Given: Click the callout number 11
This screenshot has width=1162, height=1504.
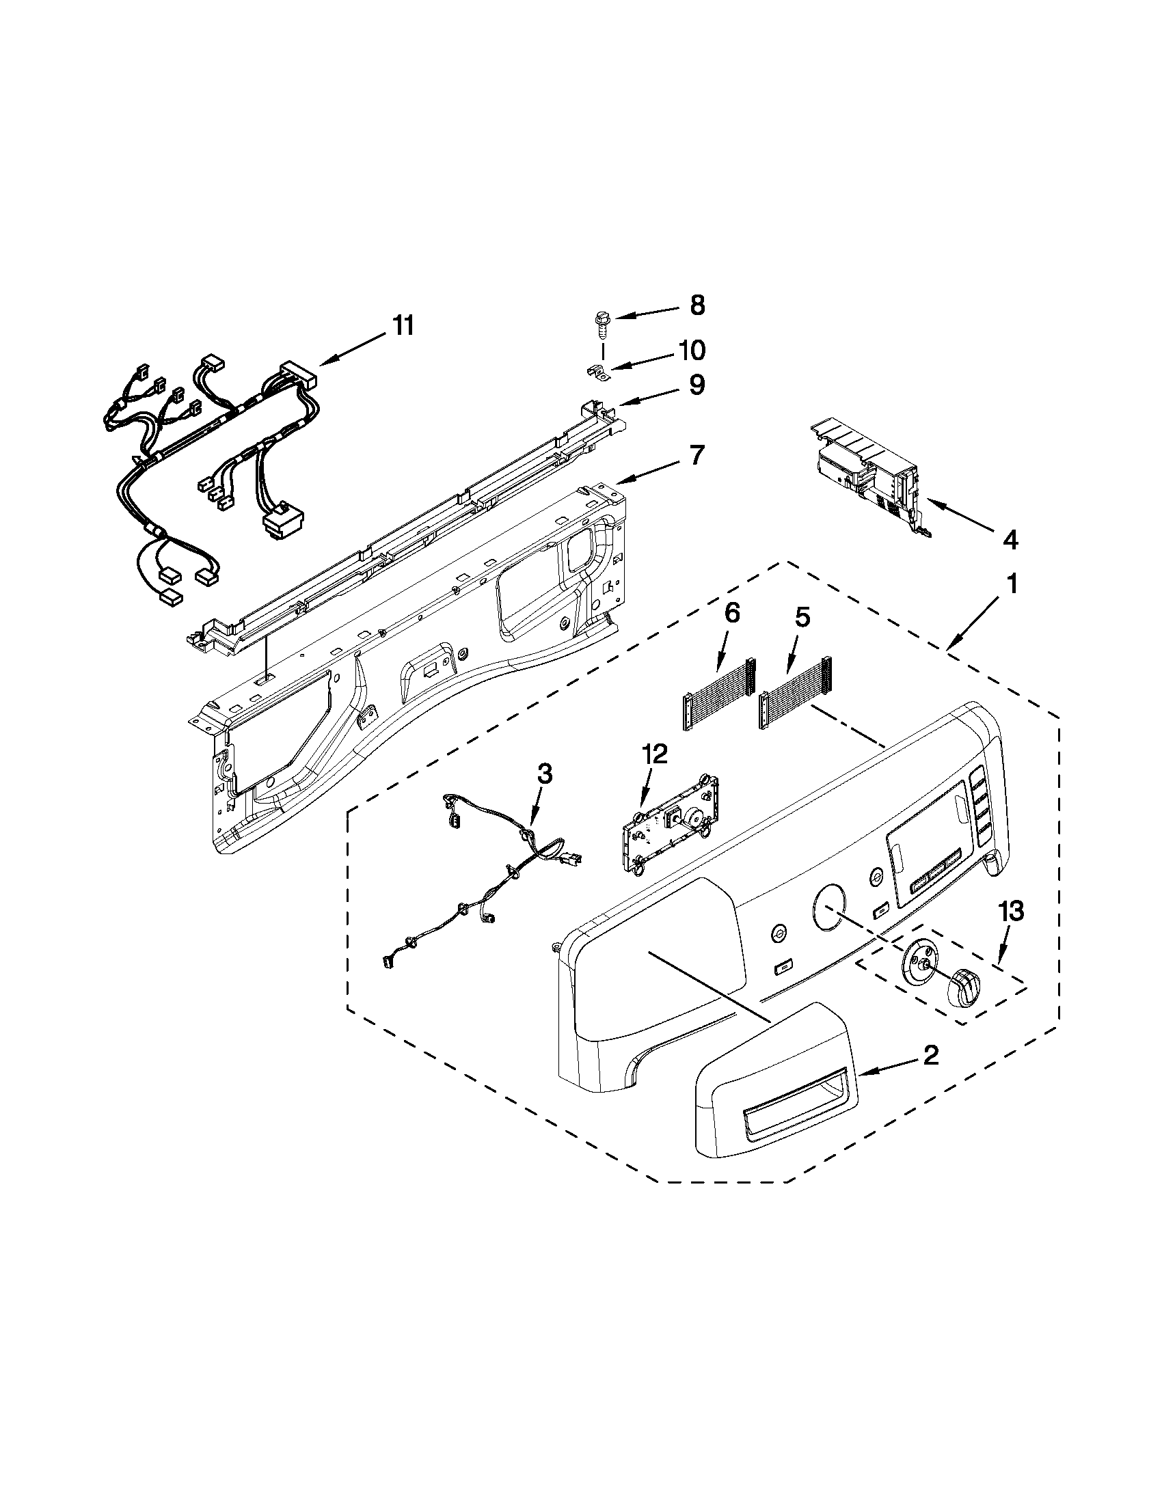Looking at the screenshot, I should click(404, 325).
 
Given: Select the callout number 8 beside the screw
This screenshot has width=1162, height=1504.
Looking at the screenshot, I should click(697, 305).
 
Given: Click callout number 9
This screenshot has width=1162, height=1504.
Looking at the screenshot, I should click(697, 385).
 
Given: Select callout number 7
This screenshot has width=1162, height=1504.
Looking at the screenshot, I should click(697, 455).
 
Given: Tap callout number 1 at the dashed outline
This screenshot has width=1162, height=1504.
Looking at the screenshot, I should click(1011, 585).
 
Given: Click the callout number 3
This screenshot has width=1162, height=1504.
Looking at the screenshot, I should click(544, 774).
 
